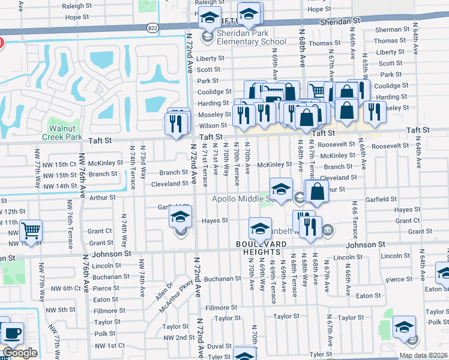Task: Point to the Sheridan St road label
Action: pyautogui.click(x=340, y=20)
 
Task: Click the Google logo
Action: pyautogui.click(x=19, y=353)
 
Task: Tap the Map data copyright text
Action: pyautogui.click(x=423, y=355)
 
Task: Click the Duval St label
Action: pyautogui.click(x=220, y=346)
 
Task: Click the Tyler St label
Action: pyautogui.click(x=321, y=355)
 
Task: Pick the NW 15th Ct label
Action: pyautogui.click(x=57, y=164)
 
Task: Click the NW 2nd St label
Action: pyautogui.click(x=173, y=338)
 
